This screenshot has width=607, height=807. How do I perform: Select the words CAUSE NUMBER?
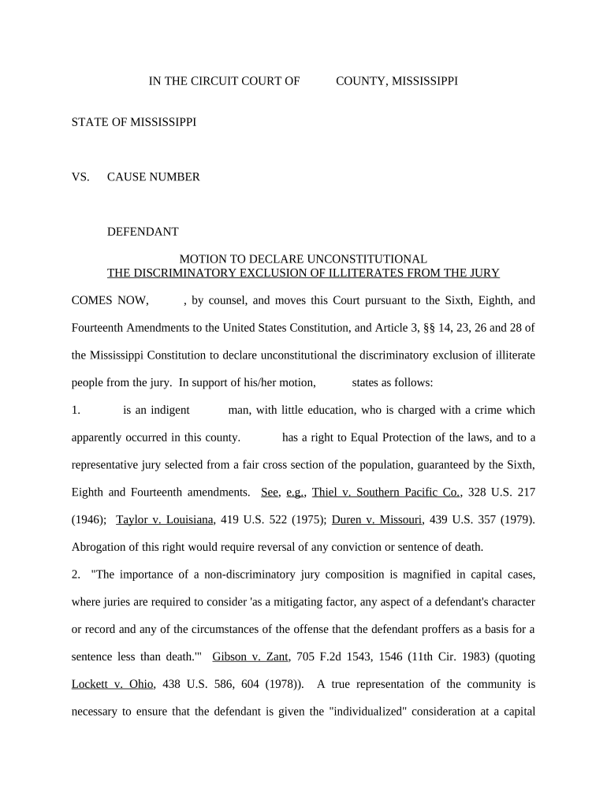[x=153, y=177]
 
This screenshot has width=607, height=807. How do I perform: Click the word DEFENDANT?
[x=143, y=232]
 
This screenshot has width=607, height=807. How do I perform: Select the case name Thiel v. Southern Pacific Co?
[x=386, y=492]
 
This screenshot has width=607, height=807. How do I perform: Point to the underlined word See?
[x=269, y=492]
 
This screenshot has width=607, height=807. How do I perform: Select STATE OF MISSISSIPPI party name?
[x=134, y=122]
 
